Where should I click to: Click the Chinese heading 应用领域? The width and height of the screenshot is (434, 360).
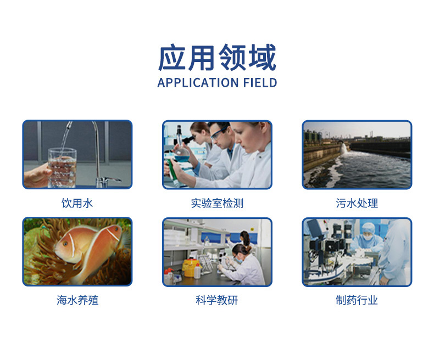[217, 58]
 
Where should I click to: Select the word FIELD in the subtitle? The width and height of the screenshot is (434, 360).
[260, 83]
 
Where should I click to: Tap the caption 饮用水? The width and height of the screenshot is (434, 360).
[77, 203]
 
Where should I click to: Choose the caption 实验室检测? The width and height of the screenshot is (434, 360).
[217, 203]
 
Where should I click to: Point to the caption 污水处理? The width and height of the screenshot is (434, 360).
[357, 203]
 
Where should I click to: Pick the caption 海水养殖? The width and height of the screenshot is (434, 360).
[77, 300]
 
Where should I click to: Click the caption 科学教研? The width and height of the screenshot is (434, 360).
[217, 300]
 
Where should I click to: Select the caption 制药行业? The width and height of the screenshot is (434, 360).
[357, 300]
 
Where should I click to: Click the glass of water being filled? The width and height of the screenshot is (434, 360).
[62, 167]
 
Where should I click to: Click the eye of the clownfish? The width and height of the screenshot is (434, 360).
[65, 244]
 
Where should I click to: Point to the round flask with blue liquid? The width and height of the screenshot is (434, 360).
[182, 154]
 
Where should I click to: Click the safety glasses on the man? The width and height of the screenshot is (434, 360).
[219, 133]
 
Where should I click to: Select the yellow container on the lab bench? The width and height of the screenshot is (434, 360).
[191, 268]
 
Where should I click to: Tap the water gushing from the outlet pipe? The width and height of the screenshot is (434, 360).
[344, 148]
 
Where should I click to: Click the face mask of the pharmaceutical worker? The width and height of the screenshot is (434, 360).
[368, 237]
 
